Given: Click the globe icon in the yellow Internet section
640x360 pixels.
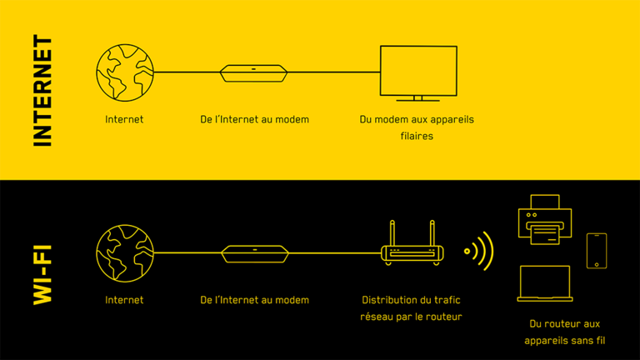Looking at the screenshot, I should tap(125, 72).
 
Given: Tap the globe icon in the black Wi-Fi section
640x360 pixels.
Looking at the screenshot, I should tap(125, 252).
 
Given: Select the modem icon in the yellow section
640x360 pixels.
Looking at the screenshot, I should tap(254, 73).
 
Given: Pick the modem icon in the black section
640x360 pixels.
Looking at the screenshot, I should tap(254, 252).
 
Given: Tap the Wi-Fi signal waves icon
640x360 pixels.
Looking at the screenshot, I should tap(480, 250).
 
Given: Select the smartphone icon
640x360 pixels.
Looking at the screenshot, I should tap(597, 251).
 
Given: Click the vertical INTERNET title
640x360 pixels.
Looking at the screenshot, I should tap(42, 91).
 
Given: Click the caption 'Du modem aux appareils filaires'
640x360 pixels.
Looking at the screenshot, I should tap(416, 127).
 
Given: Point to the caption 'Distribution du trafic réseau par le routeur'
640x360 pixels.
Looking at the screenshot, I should tap(411, 307).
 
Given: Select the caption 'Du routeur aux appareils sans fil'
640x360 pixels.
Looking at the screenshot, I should tap(564, 332).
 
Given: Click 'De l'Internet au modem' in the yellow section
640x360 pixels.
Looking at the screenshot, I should tap(254, 119).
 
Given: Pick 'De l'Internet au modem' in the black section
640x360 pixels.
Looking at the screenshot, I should tap(254, 299).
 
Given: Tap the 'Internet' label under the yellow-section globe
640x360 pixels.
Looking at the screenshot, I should tap(124, 119).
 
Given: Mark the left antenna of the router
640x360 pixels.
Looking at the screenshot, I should tap(392, 232).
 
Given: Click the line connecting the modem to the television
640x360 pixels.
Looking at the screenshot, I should tap(333, 72).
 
